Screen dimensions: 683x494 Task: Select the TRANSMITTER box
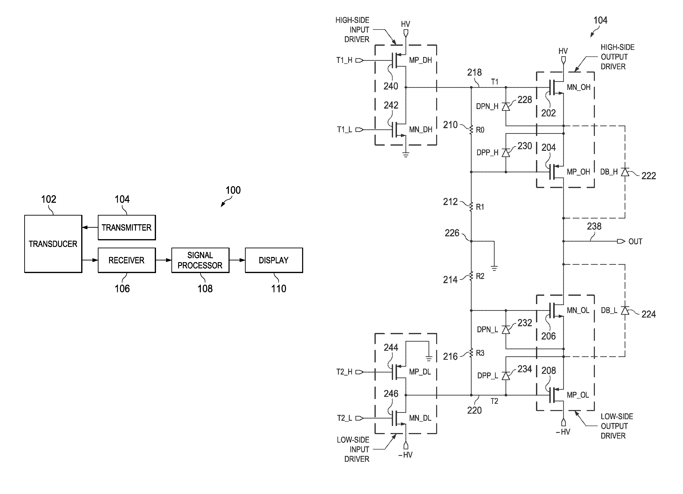click(127, 227)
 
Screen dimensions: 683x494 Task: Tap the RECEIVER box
click(127, 260)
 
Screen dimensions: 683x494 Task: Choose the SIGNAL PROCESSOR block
click(200, 260)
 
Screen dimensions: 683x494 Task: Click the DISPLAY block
click(274, 260)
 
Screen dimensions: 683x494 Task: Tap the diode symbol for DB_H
click(625, 172)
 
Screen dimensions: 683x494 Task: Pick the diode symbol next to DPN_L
click(506, 330)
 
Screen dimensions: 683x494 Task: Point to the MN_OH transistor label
click(578, 87)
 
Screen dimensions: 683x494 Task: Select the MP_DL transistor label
click(420, 372)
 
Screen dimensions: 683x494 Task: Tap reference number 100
click(233, 190)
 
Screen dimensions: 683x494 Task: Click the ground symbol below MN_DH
click(406, 155)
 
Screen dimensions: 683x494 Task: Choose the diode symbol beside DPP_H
click(506, 153)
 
